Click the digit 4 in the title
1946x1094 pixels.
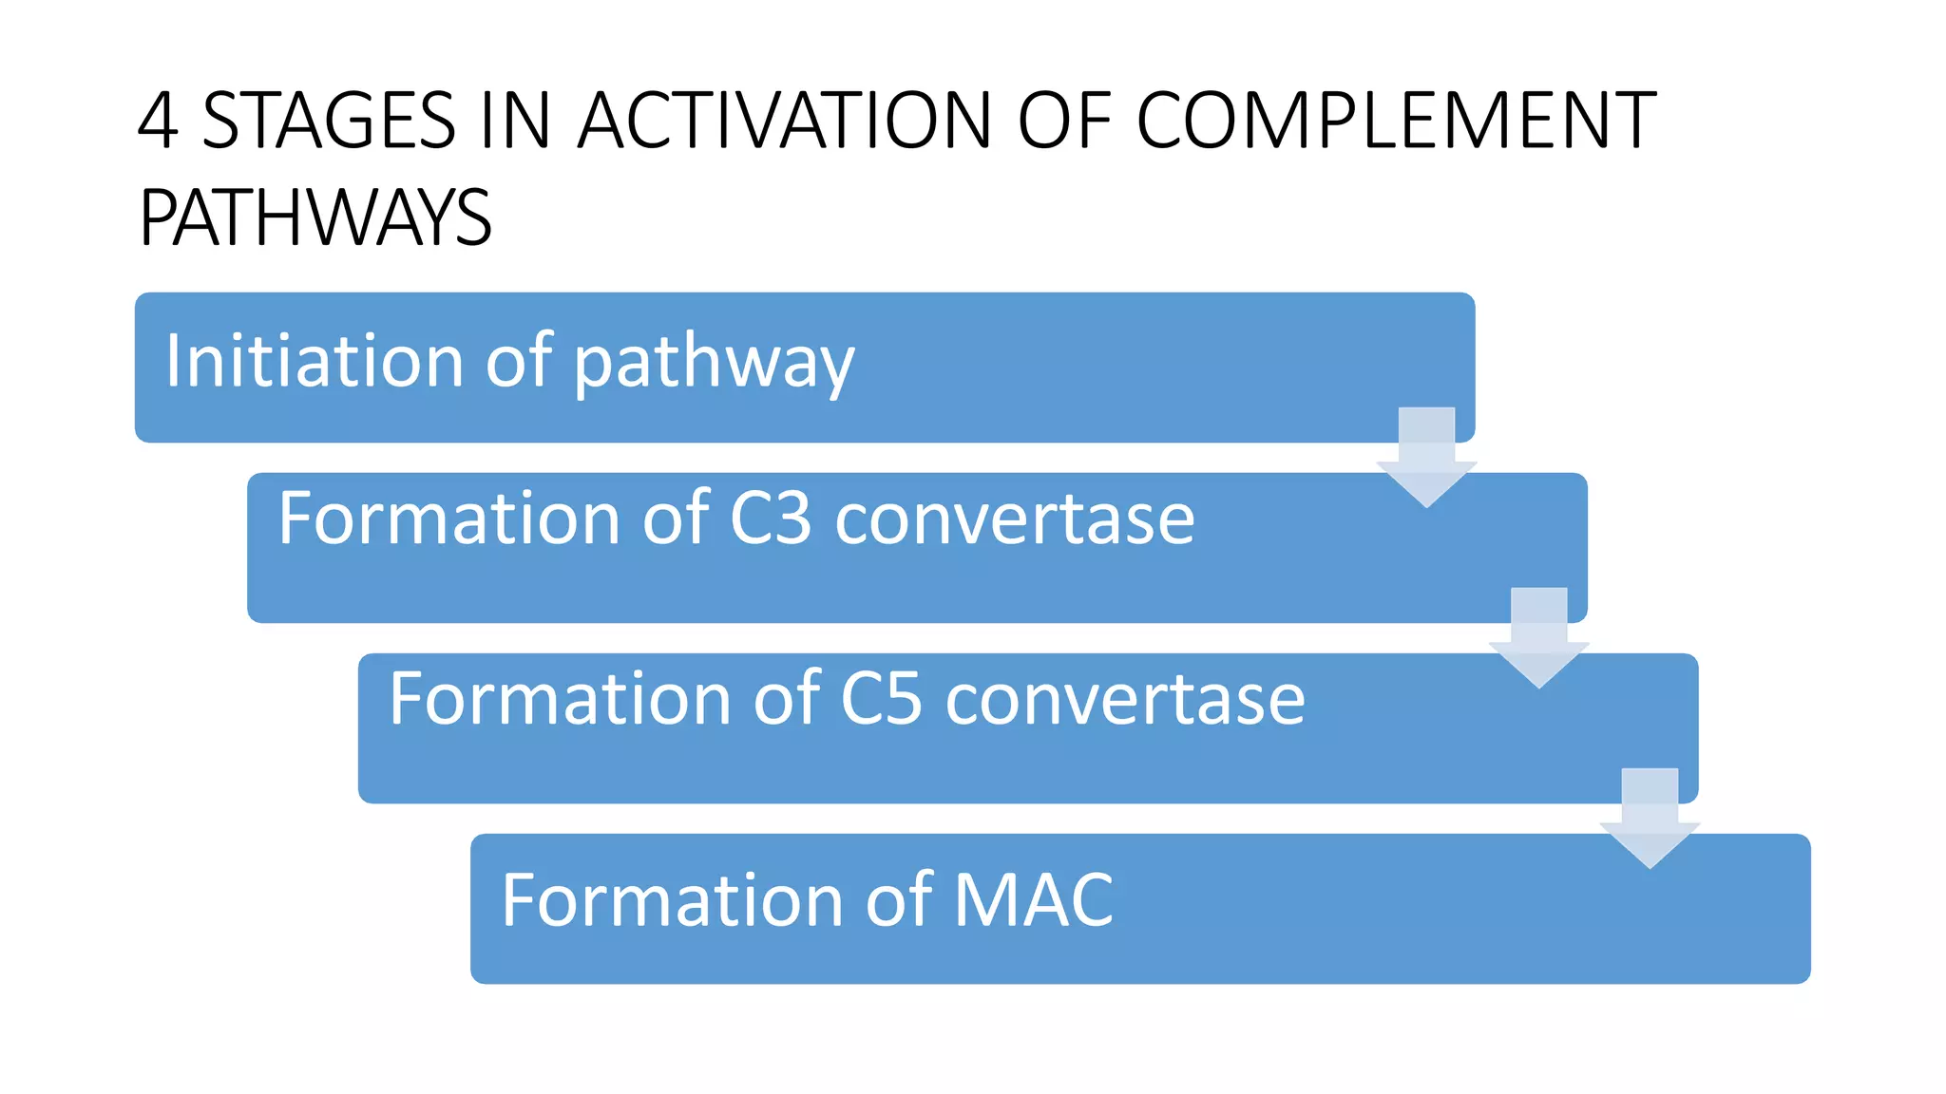158,121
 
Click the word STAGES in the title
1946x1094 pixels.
329,121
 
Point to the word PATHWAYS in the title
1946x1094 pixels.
315,218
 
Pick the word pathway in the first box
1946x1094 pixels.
714,365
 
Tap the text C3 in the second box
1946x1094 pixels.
771,519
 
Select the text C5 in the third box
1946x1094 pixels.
882,699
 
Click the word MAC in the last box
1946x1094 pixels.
1033,899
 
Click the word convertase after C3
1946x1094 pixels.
1014,520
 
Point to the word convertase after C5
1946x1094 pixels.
1125,701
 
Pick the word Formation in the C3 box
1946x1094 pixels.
449,519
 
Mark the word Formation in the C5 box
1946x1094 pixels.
561,699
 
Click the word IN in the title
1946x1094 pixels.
516,121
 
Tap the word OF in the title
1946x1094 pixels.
1064,121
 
